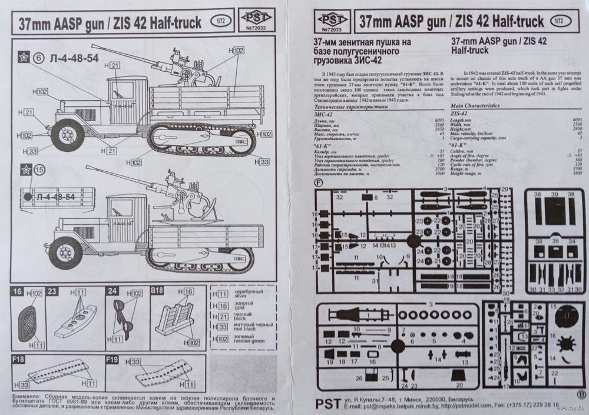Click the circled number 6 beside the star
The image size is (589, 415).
point(39,58)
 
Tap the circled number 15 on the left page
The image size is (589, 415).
point(39,170)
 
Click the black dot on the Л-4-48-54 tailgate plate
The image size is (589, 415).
point(28,197)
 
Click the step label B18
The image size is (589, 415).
point(157,291)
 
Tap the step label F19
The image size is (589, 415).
point(112,358)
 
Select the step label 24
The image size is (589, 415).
point(112,291)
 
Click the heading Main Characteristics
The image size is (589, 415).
point(475,105)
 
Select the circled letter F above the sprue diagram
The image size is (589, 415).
point(319,182)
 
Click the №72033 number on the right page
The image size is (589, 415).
point(333,28)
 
